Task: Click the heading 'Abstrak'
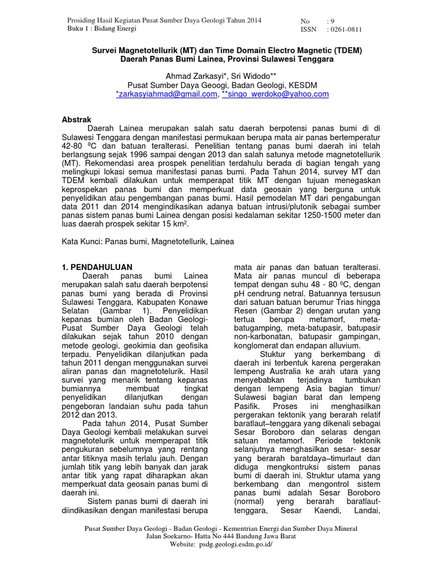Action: point(76,119)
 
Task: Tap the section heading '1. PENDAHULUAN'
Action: point(96,267)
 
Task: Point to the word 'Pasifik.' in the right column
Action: point(247,406)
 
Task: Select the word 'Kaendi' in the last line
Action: point(329,512)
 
